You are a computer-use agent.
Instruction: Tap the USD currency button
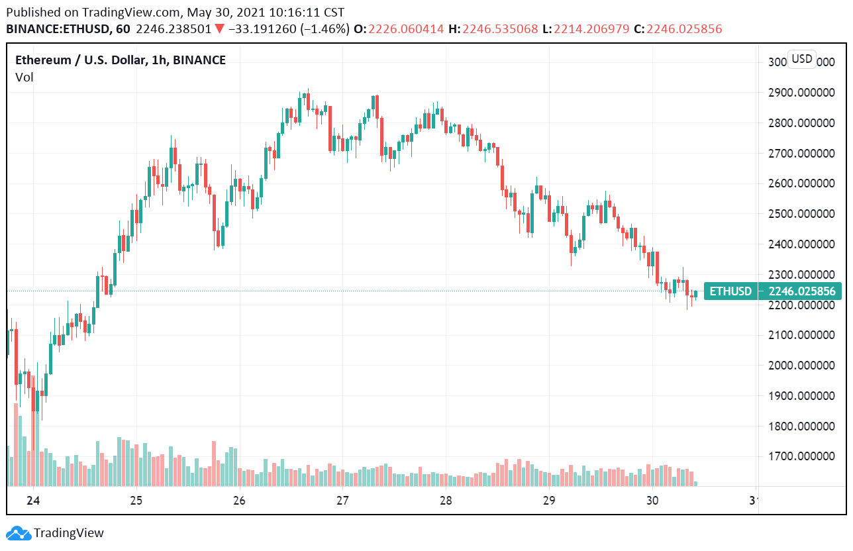pyautogui.click(x=802, y=59)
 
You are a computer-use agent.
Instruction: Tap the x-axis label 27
pyautogui.click(x=342, y=500)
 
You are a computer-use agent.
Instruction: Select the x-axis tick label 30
pyautogui.click(x=652, y=500)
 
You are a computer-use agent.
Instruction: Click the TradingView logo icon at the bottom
pyautogui.click(x=19, y=532)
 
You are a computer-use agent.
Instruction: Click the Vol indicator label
pyautogui.click(x=25, y=77)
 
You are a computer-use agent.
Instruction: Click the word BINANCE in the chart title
pyautogui.click(x=198, y=60)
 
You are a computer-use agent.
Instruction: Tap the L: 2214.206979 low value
pyautogui.click(x=585, y=29)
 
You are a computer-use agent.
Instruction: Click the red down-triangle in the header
pyautogui.click(x=219, y=29)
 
